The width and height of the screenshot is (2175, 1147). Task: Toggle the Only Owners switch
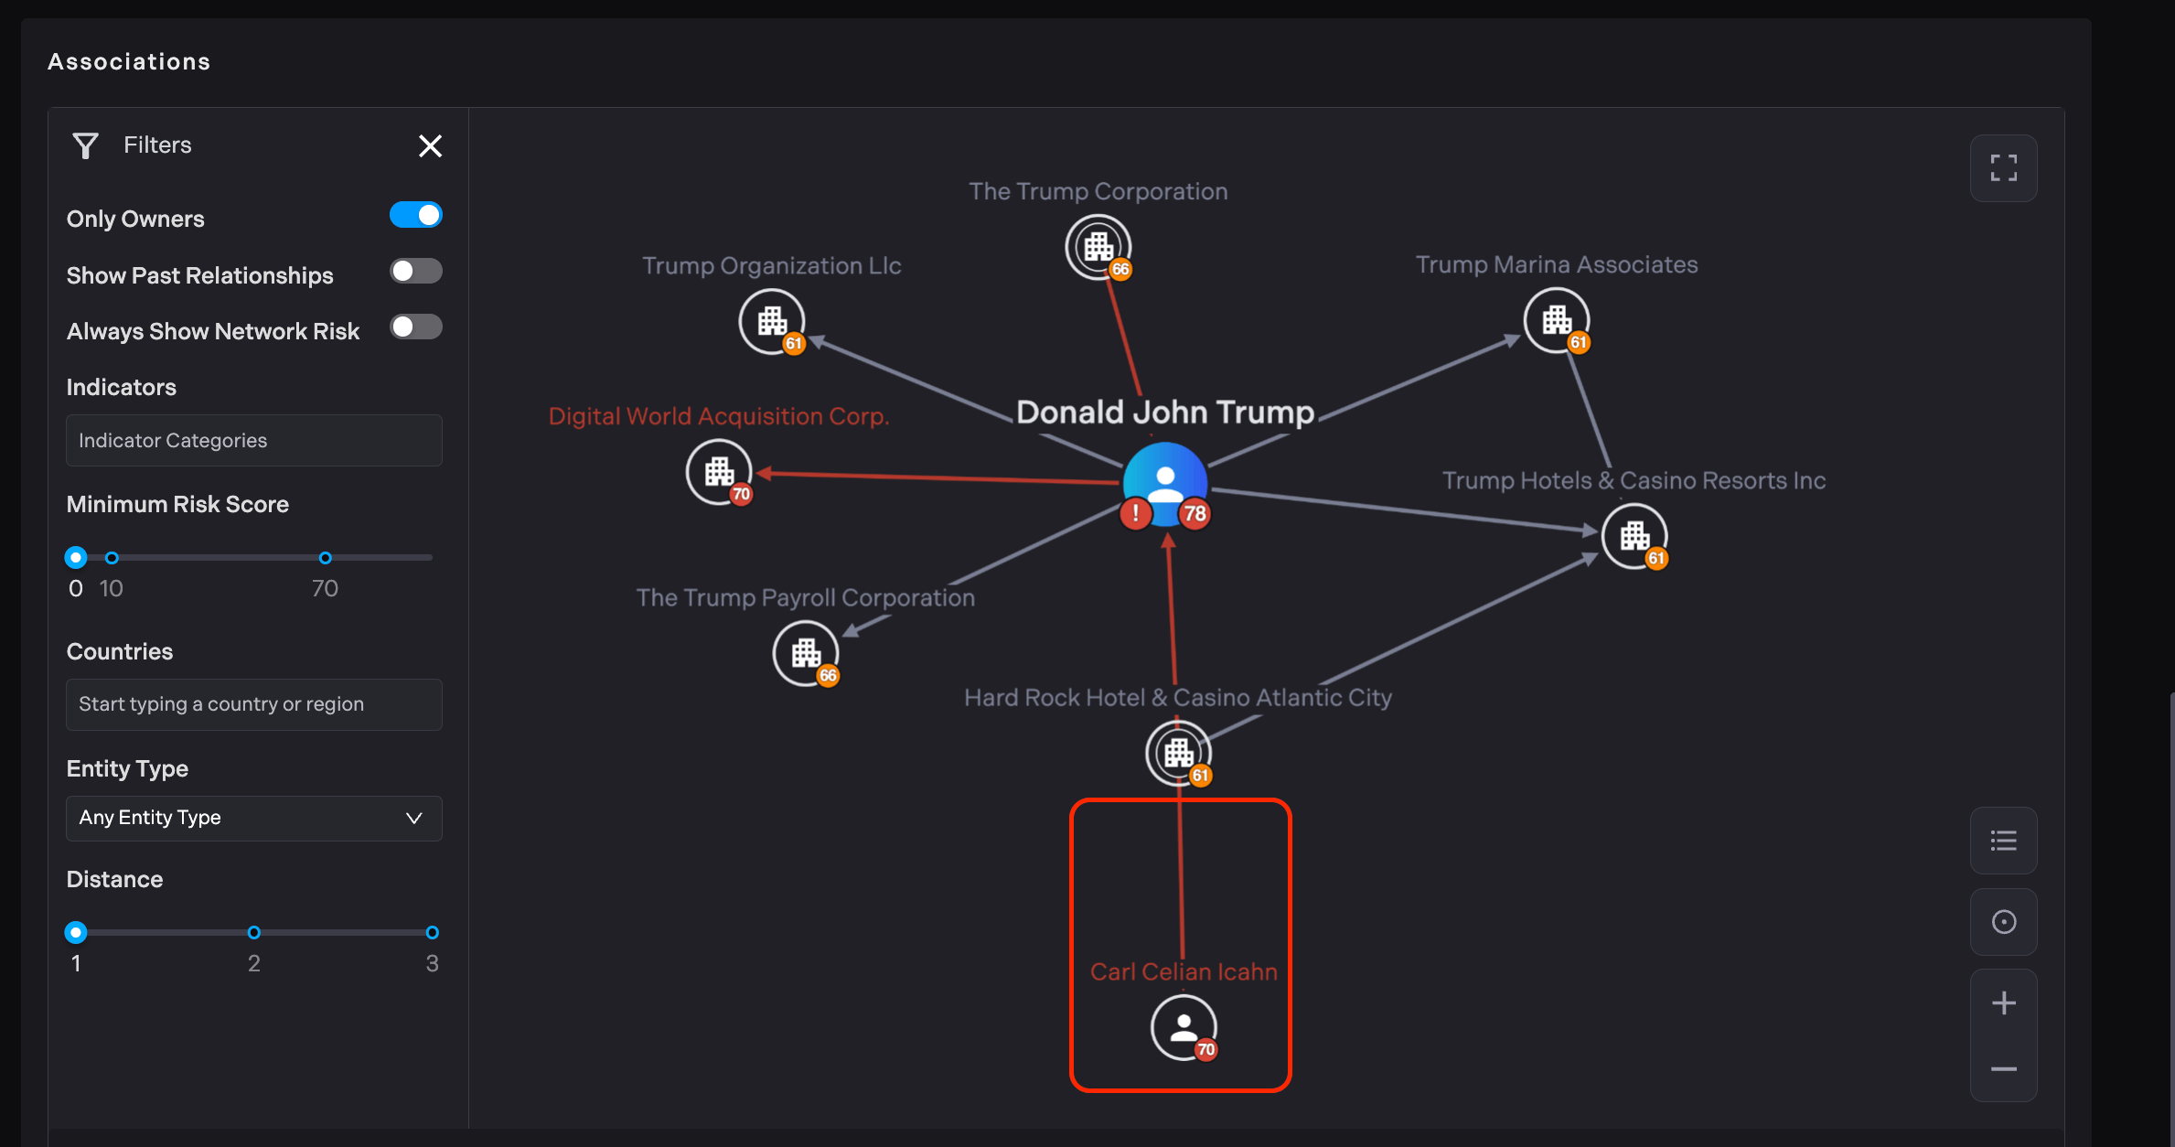click(x=416, y=216)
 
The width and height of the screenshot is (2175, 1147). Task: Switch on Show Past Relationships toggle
click(x=416, y=272)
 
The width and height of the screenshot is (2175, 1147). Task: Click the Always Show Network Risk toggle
click(x=416, y=327)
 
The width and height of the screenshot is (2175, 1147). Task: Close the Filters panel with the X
click(x=430, y=146)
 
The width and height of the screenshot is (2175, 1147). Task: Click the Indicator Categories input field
click(x=254, y=441)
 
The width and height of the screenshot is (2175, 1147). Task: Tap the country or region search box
click(x=254, y=704)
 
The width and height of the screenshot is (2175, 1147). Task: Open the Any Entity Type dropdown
click(x=254, y=818)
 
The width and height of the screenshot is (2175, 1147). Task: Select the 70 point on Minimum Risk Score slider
click(x=325, y=558)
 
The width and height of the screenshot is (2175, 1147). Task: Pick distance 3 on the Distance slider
click(x=432, y=933)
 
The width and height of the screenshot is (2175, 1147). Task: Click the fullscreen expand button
click(x=2003, y=168)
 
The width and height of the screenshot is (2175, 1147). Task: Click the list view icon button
click(x=2003, y=841)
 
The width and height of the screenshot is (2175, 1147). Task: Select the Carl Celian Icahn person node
click(x=1184, y=1027)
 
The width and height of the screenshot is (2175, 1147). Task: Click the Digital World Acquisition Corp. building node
click(x=719, y=472)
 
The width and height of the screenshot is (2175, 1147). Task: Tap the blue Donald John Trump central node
click(x=1165, y=481)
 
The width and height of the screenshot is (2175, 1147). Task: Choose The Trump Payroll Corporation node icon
click(x=805, y=653)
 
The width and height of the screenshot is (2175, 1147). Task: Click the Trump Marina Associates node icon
click(x=1556, y=320)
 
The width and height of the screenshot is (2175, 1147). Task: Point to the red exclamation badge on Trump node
click(x=1135, y=513)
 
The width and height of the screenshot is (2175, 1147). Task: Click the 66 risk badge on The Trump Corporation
click(x=1120, y=269)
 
